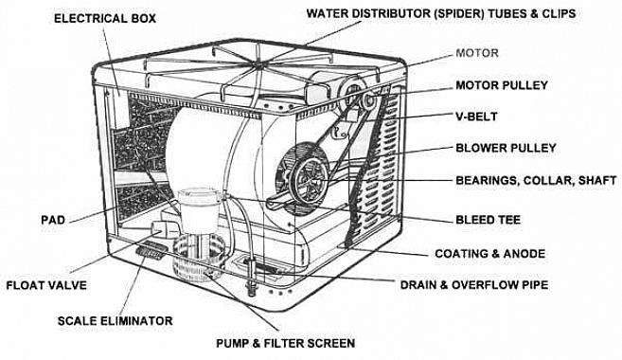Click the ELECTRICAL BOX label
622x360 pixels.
(x=105, y=18)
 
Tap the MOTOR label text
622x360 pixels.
(x=477, y=53)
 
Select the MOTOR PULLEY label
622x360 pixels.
(x=502, y=85)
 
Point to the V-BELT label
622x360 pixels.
(x=476, y=117)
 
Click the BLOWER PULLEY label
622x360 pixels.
(x=506, y=148)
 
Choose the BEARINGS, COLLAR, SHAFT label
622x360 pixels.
(x=536, y=180)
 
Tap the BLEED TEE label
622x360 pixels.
(x=488, y=220)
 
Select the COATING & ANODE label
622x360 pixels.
(x=489, y=254)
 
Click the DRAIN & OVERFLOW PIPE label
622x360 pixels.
(x=474, y=285)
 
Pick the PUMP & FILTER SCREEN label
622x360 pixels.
(x=285, y=343)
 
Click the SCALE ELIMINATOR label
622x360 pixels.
(x=116, y=321)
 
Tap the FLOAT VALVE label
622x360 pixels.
(x=46, y=285)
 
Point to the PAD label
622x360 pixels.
(x=53, y=220)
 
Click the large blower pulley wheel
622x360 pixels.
(x=309, y=179)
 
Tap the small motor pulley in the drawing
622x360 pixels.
(x=368, y=99)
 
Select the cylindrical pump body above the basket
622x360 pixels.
(x=199, y=210)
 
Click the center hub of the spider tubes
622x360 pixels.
(x=258, y=63)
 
